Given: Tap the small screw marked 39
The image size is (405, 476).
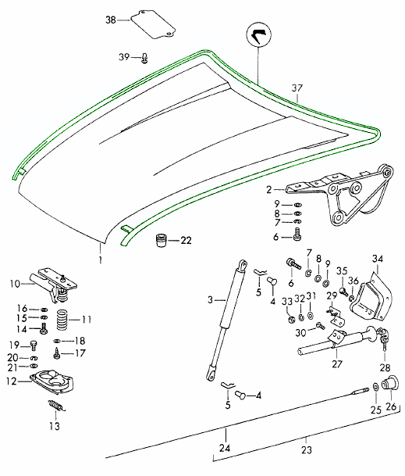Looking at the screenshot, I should (x=146, y=56).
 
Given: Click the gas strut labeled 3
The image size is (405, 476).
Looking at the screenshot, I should (x=226, y=321).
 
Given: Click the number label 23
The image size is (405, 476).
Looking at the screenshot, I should (x=306, y=450).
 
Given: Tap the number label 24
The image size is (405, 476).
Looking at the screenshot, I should (x=225, y=449).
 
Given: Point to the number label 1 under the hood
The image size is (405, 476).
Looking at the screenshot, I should (x=100, y=257).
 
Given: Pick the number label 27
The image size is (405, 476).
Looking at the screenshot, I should (x=337, y=363).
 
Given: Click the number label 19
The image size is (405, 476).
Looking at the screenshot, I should (x=12, y=345).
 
